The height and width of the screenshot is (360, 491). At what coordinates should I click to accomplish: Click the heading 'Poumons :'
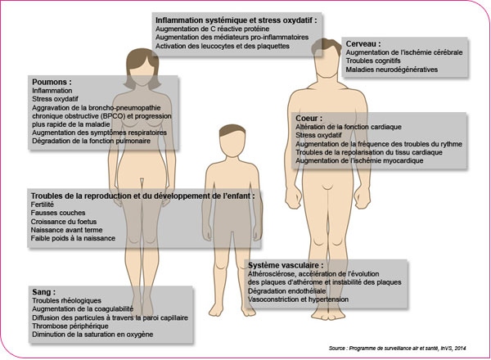pos(51,83)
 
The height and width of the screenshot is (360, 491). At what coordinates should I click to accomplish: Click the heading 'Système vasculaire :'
pos(286,266)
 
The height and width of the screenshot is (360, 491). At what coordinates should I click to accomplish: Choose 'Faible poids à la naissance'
pos(73,239)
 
